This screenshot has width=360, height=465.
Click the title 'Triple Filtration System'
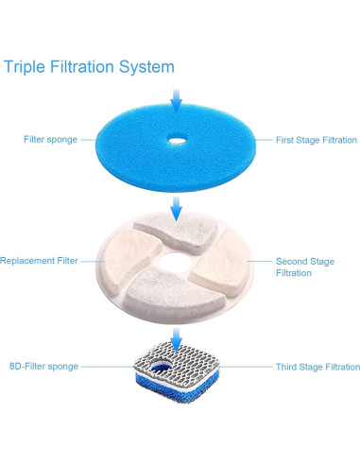click(x=89, y=67)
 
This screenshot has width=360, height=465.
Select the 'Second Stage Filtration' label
click(x=304, y=267)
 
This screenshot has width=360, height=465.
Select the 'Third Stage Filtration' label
click(x=317, y=367)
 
